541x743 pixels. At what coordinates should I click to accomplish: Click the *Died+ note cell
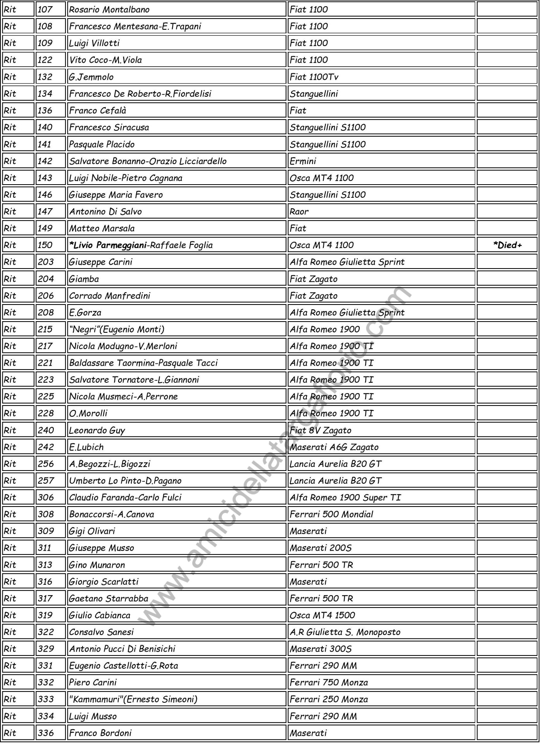pos(507,245)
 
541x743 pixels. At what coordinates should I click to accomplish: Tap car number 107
pos(45,9)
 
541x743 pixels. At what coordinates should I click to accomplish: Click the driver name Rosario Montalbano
pos(109,9)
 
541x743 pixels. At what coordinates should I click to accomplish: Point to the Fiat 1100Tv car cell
pos(314,77)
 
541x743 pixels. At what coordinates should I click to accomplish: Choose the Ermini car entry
pos(303,161)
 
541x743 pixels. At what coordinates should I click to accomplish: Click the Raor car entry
pos(299,211)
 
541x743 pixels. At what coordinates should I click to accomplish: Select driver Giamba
pos(84,279)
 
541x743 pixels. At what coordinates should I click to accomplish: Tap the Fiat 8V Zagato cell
pos(321,430)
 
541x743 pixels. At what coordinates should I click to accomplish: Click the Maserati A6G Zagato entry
pos(334,447)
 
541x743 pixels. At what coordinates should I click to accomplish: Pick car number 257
pos(46,481)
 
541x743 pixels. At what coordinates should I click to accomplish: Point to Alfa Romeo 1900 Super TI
pos(345,497)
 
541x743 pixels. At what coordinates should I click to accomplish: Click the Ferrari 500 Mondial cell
pos(331,514)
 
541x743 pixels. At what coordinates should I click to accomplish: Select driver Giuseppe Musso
pos(101,548)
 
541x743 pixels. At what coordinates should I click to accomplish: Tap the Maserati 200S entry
pos(321,548)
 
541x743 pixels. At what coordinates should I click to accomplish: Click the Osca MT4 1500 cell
pos(322,615)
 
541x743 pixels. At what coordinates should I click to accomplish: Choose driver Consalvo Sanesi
pos(101,632)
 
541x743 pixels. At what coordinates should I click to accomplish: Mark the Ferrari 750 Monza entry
pos(329,682)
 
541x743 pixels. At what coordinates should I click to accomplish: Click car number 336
pos(46,733)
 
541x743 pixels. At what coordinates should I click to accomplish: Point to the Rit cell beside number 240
pos(10,430)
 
